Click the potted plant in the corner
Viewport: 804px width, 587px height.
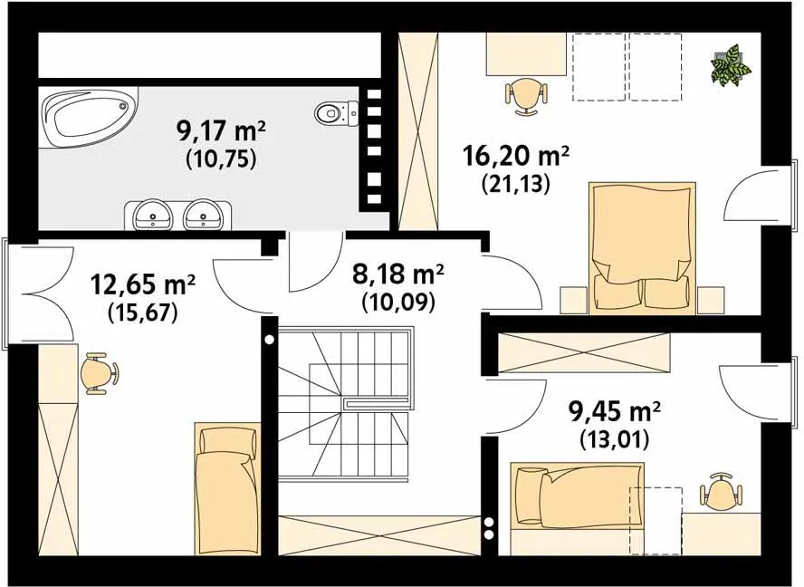click(x=731, y=65)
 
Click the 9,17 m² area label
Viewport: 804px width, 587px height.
click(x=221, y=132)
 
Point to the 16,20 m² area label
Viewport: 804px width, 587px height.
click(x=516, y=157)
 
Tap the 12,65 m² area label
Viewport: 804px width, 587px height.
click(x=143, y=284)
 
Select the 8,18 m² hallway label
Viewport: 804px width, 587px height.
click(x=397, y=274)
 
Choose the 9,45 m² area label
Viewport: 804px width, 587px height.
click(x=614, y=410)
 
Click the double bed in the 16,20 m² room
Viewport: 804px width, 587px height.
click(x=642, y=247)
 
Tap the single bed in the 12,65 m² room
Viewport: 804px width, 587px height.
click(x=227, y=488)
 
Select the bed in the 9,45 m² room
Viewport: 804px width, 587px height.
click(x=578, y=495)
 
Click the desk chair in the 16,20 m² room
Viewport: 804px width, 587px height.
click(x=526, y=95)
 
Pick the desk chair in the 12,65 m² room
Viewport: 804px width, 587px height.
click(x=100, y=373)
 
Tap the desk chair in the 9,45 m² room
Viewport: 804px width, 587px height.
click(x=721, y=492)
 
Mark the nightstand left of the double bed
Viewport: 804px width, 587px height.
click(x=573, y=300)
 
